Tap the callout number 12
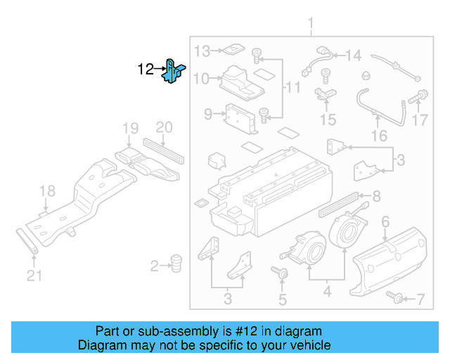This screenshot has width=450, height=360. pyautogui.click(x=146, y=70)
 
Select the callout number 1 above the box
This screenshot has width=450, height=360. pyautogui.click(x=310, y=26)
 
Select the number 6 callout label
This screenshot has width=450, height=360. pyautogui.click(x=385, y=224)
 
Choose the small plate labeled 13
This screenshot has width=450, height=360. pyautogui.click(x=231, y=50)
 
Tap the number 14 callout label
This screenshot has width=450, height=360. pyautogui.click(x=352, y=56)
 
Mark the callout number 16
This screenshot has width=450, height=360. pyautogui.click(x=379, y=135)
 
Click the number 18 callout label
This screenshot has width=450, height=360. pyautogui.click(x=46, y=191)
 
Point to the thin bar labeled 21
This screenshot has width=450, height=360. pyautogui.click(x=29, y=243)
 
